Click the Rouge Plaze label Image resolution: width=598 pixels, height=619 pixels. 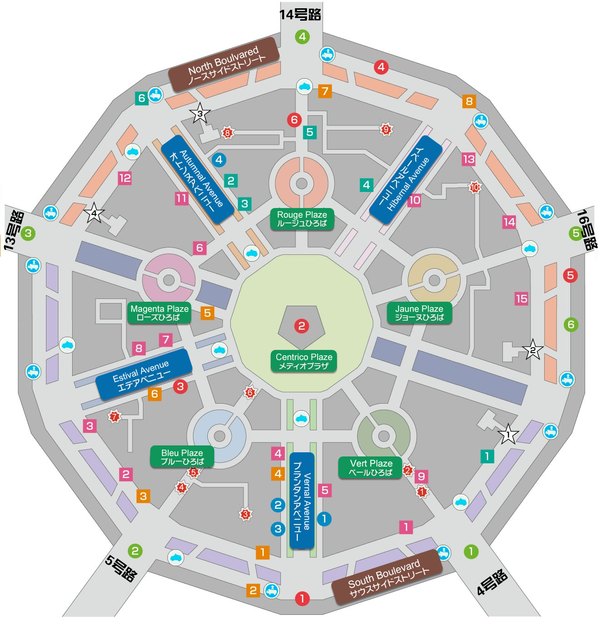tap(302, 219)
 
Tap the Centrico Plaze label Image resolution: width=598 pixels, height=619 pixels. tap(303, 361)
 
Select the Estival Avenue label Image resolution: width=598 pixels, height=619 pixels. tap(143, 374)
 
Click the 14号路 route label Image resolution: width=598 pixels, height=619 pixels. tap(300, 15)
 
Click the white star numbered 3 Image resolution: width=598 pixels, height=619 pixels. tap(200, 113)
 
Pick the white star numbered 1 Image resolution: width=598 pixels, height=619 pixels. tap(508, 434)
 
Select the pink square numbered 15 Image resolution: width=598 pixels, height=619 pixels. tap(522, 298)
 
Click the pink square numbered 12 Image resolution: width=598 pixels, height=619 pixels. tap(125, 178)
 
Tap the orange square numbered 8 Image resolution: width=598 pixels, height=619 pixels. tap(469, 101)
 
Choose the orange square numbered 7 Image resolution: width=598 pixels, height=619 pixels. tap(325, 91)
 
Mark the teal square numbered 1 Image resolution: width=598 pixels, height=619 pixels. tap(487, 456)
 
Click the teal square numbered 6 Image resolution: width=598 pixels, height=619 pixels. tap(142, 98)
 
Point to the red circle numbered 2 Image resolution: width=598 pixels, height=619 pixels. tap(301, 326)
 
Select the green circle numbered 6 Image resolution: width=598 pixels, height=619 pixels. tap(571, 325)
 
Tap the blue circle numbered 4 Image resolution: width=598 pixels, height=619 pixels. tap(219, 160)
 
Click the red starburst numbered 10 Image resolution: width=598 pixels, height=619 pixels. tap(475, 187)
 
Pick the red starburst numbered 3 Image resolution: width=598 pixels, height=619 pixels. tap(245, 514)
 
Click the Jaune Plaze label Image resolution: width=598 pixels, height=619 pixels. tap(419, 313)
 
